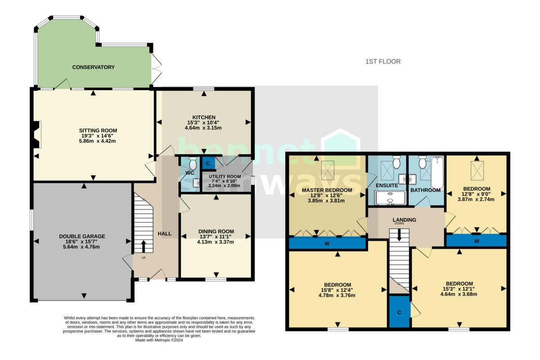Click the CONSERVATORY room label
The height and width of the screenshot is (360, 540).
click(93, 67)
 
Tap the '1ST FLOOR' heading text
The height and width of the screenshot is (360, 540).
click(382, 62)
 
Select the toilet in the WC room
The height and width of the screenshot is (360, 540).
click(193, 162)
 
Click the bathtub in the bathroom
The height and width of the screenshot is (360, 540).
click(437, 173)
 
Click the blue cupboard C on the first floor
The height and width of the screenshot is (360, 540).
click(400, 311)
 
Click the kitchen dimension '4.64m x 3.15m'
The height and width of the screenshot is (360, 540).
click(205, 128)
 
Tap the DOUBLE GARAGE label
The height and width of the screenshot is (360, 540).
click(82, 236)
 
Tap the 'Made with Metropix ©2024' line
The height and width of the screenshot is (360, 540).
click(159, 340)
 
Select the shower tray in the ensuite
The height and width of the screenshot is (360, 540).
click(387, 197)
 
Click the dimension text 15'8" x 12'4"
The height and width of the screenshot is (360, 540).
click(337, 290)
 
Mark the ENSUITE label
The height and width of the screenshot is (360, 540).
click(387, 185)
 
